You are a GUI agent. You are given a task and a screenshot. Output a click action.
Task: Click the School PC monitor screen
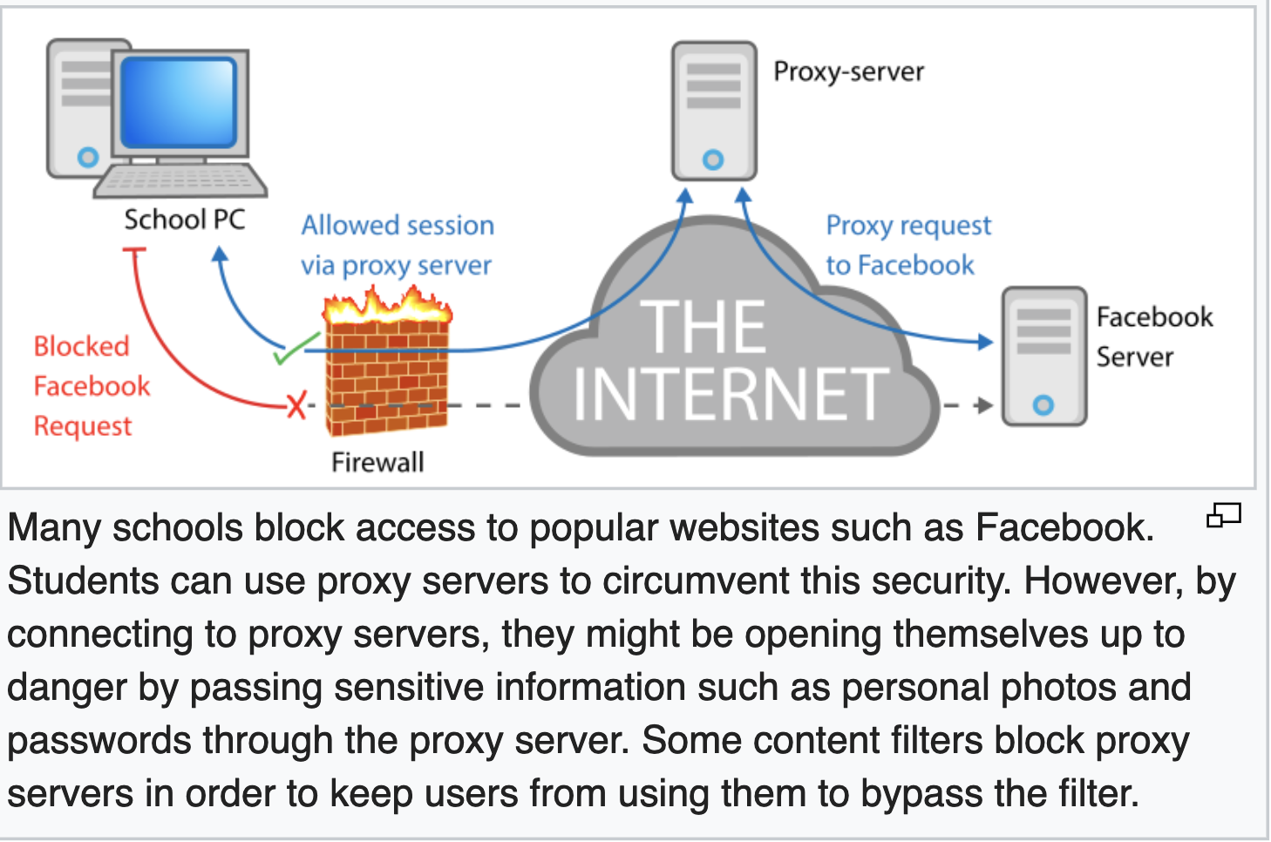point(179,102)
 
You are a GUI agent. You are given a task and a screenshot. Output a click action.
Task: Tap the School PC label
point(184,220)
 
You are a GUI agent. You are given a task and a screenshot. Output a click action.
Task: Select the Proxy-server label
point(848,71)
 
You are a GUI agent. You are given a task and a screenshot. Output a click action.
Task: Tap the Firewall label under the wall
point(377,462)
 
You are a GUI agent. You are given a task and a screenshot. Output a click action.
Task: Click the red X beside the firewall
point(297,405)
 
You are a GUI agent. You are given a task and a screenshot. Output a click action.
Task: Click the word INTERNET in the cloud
point(731,394)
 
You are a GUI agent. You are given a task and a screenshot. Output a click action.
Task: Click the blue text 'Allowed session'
point(398,226)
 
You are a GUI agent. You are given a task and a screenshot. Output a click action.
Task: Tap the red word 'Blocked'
point(81,346)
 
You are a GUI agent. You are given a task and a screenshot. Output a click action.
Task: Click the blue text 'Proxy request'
point(908,226)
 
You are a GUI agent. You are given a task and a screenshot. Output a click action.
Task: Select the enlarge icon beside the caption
point(1223,516)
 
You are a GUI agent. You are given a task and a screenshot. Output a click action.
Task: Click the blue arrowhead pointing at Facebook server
point(985,342)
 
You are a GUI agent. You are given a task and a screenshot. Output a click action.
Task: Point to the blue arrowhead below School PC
point(220,255)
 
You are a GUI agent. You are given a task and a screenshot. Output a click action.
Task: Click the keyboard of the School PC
point(180,180)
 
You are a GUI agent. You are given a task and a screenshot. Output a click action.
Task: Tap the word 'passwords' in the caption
point(99,741)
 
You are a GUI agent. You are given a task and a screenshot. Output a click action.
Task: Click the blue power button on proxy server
point(713,160)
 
